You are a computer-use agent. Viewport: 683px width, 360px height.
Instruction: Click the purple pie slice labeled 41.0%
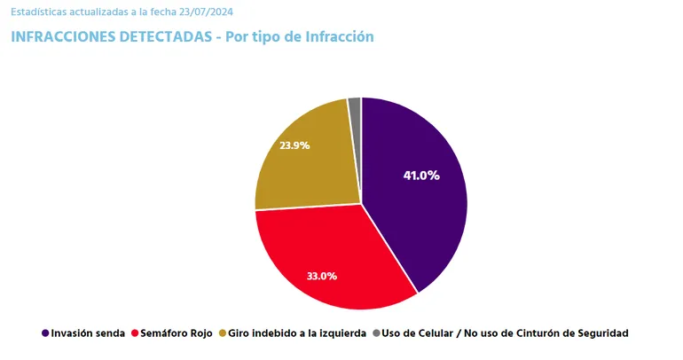coord(417,204)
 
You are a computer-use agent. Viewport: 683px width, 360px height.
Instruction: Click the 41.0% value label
coord(421,176)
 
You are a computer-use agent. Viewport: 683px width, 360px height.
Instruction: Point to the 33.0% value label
coord(321,276)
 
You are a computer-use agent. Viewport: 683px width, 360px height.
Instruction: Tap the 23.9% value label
coord(294,145)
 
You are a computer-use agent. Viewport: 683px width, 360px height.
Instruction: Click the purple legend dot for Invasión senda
coord(45,333)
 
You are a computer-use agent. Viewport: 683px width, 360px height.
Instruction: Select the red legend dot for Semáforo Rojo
coord(135,333)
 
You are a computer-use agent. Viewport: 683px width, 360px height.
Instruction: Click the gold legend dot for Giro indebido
coord(222,333)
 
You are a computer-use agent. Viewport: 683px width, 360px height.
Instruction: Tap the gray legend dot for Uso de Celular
coord(376,333)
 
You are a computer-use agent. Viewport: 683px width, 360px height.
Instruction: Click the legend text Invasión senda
coord(88,333)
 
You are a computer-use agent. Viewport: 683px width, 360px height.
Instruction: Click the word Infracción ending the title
coord(338,37)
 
